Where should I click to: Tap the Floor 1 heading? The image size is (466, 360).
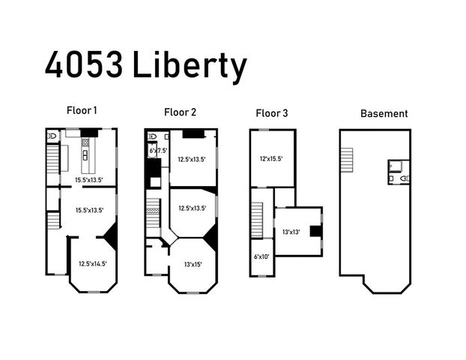(x=81, y=110)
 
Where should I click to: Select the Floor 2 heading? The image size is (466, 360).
(x=180, y=112)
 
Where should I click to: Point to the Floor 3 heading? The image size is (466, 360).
(x=271, y=113)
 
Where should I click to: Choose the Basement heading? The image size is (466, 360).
(x=384, y=114)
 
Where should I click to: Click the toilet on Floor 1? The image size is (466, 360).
(x=52, y=136)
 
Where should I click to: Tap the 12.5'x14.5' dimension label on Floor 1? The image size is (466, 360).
(x=92, y=263)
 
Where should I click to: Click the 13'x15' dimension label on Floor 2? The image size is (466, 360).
(x=192, y=263)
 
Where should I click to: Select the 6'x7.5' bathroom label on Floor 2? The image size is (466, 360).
(x=157, y=151)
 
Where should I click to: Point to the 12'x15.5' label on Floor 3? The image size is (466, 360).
(x=270, y=158)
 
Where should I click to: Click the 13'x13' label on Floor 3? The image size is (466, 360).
(x=291, y=232)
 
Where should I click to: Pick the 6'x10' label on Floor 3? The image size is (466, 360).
(x=261, y=256)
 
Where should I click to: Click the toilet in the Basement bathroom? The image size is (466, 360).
(x=405, y=178)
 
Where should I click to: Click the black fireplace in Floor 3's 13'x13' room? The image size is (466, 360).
(x=318, y=231)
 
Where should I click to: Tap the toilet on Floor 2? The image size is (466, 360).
(x=151, y=136)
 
